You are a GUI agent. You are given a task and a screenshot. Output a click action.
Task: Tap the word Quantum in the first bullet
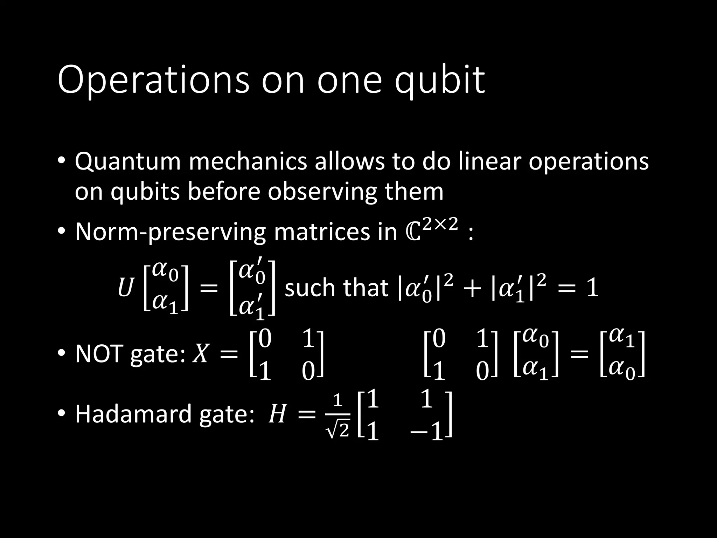[128, 162]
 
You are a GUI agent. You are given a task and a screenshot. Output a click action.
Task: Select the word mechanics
[248, 161]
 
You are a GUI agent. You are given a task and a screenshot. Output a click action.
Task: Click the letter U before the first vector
[125, 288]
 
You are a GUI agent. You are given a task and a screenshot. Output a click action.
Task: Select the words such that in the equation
[336, 288]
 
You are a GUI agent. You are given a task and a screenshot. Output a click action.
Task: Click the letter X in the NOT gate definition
[201, 354]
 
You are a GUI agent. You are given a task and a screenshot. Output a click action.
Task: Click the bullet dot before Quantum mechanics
[61, 162]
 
